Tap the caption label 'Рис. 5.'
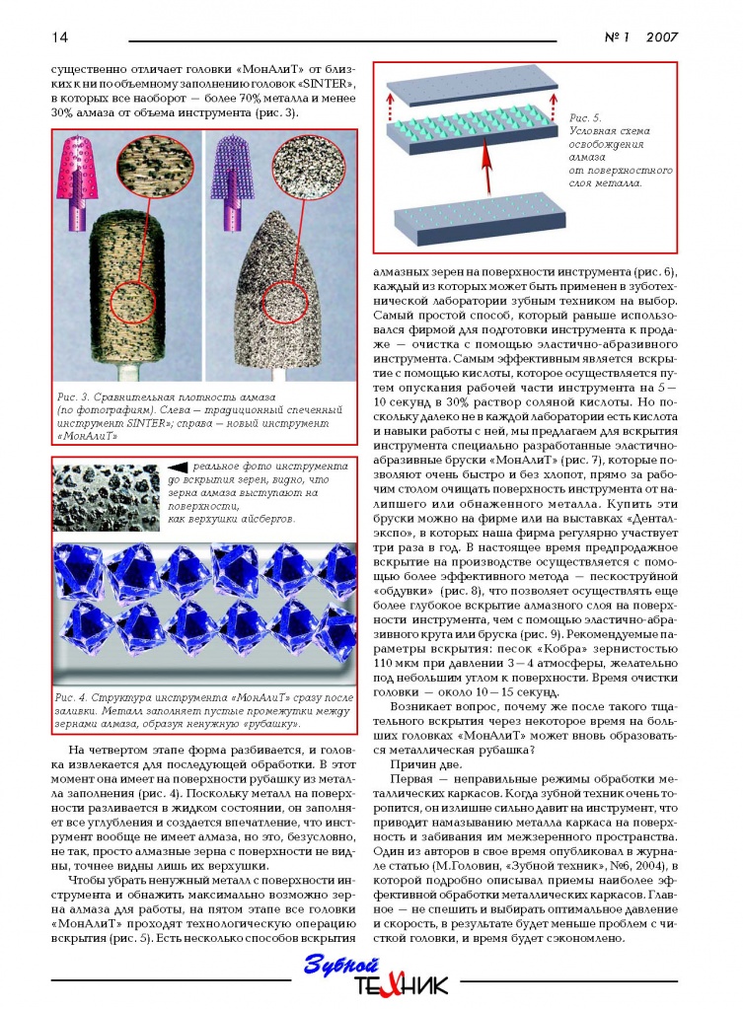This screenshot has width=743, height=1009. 586,118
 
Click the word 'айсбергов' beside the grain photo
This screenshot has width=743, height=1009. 284,519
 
